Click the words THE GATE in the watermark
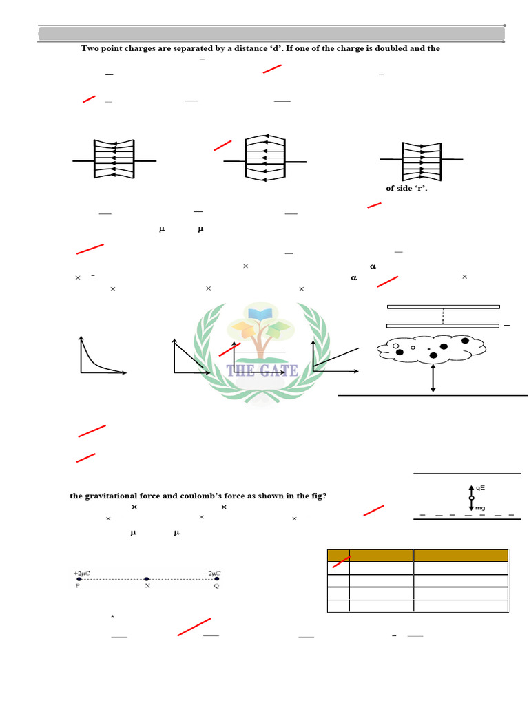point(262,370)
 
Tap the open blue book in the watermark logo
point(260,315)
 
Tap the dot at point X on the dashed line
point(147,580)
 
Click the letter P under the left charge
point(78,587)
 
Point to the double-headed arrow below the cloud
point(433,379)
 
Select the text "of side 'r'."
point(406,188)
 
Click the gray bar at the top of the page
point(271,34)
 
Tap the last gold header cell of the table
point(460,555)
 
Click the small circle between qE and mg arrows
point(471,497)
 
